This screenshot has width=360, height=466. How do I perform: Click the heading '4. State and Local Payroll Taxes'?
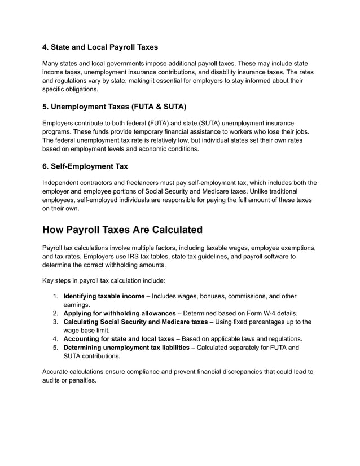pyautogui.click(x=100, y=47)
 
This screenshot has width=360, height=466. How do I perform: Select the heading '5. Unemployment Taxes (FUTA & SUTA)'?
pyautogui.click(x=114, y=107)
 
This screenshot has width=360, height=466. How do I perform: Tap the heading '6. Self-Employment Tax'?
pyautogui.click(x=85, y=166)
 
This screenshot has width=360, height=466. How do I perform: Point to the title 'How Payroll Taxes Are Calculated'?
pyautogui.click(x=122, y=230)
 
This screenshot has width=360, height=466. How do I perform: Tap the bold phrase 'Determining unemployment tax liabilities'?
pyautogui.click(x=126, y=348)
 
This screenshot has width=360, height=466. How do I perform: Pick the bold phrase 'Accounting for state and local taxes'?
pyautogui.click(x=118, y=339)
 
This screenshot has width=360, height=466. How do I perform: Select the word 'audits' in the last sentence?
pyautogui.click(x=54, y=381)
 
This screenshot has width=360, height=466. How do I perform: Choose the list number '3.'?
pyautogui.click(x=56, y=322)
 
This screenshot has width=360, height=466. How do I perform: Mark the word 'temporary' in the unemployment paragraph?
pyautogui.click(x=148, y=131)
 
